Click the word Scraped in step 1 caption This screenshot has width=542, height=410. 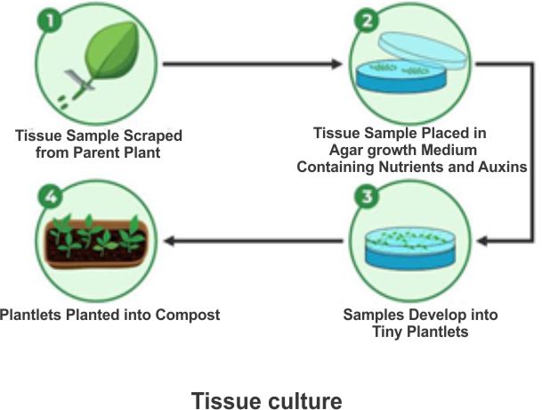click(150, 135)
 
